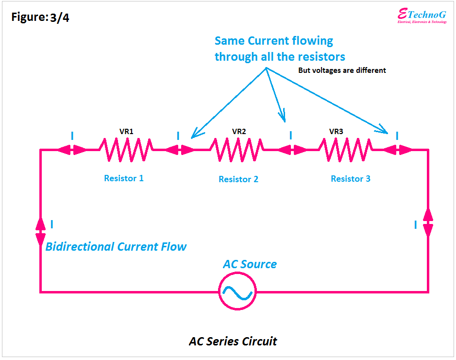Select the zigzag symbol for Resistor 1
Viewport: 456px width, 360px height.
click(x=126, y=150)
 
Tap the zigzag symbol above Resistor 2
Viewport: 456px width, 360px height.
click(x=236, y=150)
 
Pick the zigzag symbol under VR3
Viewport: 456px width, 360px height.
click(x=346, y=150)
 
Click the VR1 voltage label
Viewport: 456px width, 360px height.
click(x=126, y=132)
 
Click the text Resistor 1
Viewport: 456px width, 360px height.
click(x=124, y=178)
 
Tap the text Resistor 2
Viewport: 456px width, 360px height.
click(x=238, y=179)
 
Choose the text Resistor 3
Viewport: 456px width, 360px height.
click(x=351, y=179)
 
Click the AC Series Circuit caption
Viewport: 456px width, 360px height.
click(x=233, y=342)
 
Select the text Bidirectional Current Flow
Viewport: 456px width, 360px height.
click(x=116, y=247)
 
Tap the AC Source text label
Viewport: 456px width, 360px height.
click(x=250, y=264)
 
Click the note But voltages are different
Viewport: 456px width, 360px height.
click(x=342, y=70)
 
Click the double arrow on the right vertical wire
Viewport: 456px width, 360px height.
click(x=428, y=223)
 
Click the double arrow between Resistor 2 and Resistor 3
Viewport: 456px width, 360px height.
click(x=292, y=150)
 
